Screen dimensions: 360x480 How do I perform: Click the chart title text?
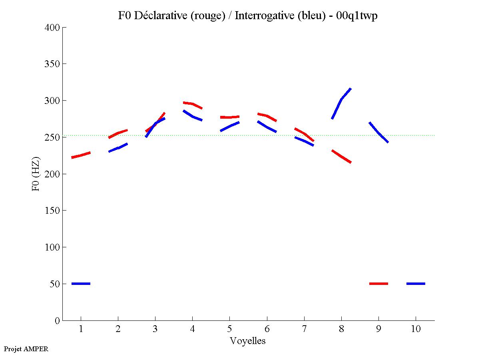[248, 16]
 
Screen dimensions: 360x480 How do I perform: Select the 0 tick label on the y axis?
[57, 320]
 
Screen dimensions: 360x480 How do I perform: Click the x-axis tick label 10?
[416, 329]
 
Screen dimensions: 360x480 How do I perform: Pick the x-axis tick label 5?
[229, 329]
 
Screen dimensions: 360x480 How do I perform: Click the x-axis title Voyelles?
[248, 341]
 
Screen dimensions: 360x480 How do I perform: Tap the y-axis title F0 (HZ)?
[36, 173]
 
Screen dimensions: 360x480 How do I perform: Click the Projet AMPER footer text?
[26, 349]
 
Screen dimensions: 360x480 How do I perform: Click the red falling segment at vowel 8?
[341, 157]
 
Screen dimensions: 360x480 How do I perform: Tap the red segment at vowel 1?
[81, 155]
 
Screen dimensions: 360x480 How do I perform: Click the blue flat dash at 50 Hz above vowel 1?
[81, 284]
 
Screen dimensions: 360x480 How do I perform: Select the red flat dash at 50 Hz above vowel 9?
[378, 284]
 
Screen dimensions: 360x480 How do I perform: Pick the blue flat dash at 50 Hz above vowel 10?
[416, 284]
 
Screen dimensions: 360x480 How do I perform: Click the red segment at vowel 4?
[193, 104]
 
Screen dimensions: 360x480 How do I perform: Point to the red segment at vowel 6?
[267, 116]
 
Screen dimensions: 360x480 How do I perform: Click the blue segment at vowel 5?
[230, 126]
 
